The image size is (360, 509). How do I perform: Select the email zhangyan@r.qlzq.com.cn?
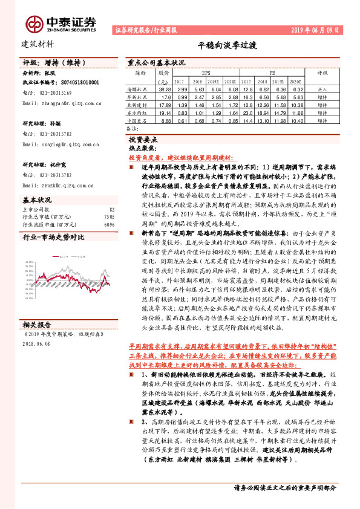pos(61,103)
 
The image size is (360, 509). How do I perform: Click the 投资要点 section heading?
pos(148,138)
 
